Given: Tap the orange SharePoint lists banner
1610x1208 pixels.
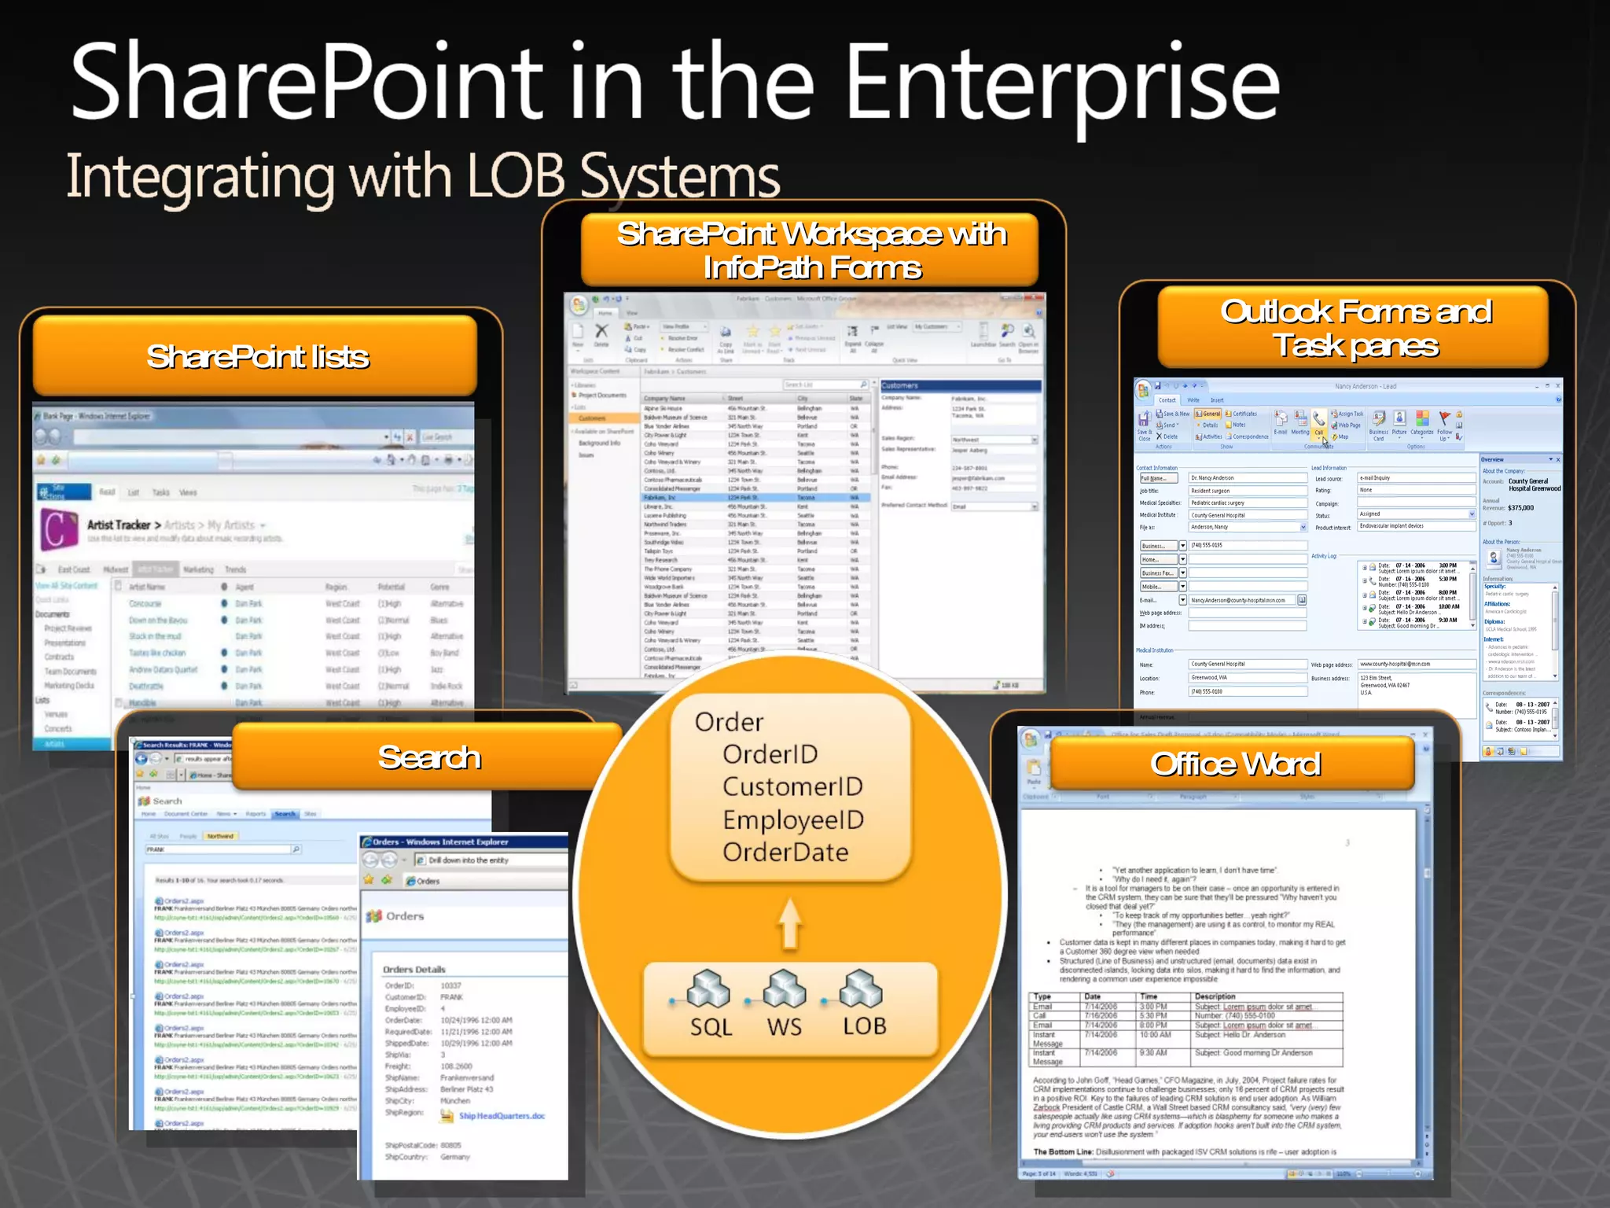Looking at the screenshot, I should tap(256, 356).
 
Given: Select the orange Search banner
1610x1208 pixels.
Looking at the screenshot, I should tap(429, 757).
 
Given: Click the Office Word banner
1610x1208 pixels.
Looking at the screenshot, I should tap(1235, 764).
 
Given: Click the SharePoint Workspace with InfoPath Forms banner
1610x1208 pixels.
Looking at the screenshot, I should tap(811, 250).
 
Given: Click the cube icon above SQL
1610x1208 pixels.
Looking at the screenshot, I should tap(708, 989).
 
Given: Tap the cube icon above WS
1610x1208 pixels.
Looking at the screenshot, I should tap(785, 989).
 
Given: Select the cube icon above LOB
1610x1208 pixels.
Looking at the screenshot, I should tap(862, 989).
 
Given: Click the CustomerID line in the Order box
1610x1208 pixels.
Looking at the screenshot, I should tap(792, 786).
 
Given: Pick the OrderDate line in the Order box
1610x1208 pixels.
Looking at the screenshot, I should tap(785, 853).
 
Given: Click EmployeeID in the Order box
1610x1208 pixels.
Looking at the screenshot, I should tap(793, 819).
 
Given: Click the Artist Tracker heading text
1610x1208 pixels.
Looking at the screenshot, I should tap(119, 525).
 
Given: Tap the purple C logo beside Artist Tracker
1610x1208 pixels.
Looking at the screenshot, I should tap(59, 528).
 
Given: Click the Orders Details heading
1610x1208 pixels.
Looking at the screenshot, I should tap(414, 970).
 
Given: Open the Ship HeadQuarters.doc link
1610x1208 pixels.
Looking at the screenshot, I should tap(502, 1116).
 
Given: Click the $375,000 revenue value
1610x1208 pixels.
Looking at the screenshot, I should tap(1520, 508).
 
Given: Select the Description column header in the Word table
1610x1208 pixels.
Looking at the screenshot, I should tap(1215, 996).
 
